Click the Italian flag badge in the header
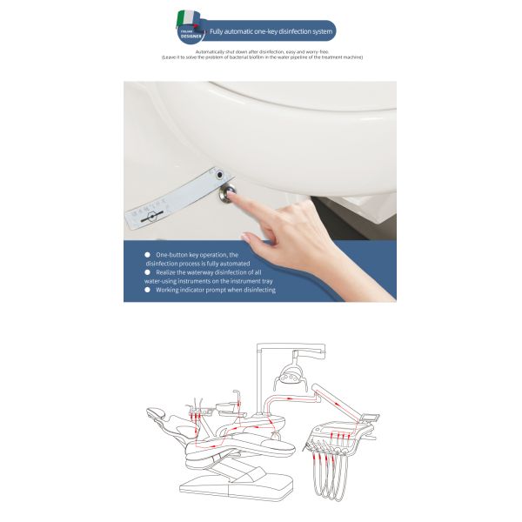189,25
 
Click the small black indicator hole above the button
230,173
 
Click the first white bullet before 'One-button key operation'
147,254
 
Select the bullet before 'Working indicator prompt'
147,290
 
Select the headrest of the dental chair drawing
157,413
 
